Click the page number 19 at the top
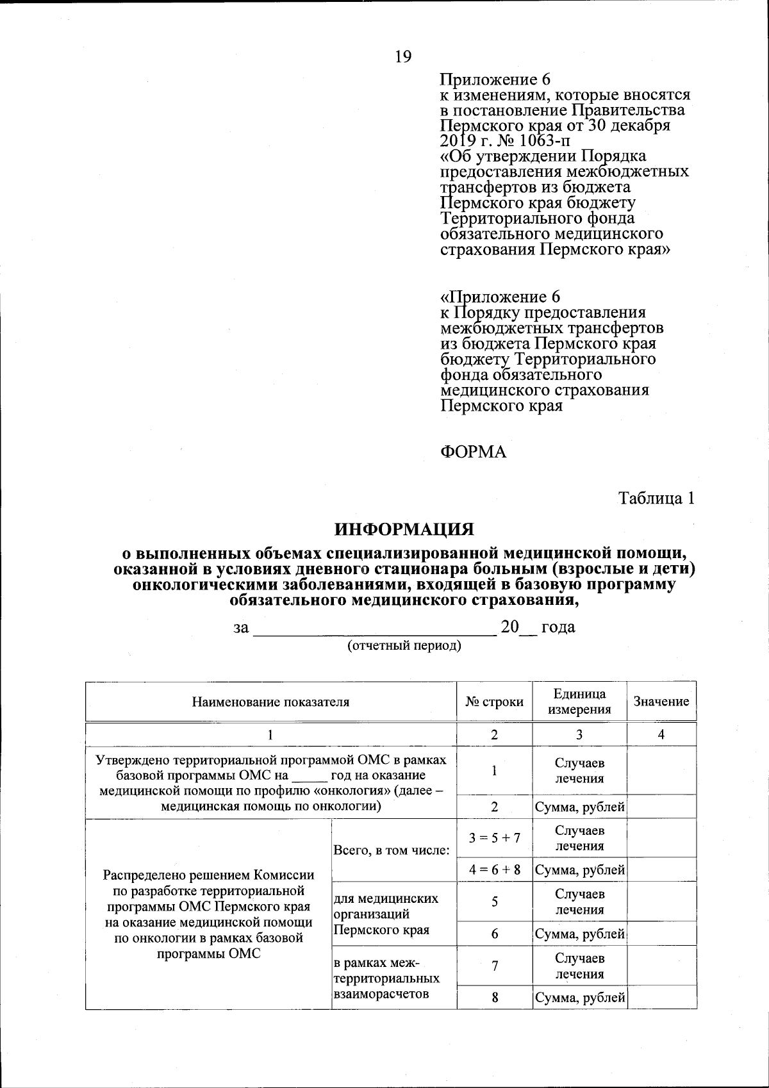click(403, 57)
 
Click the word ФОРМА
click(473, 452)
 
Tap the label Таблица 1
click(656, 499)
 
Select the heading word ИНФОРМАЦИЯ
click(404, 529)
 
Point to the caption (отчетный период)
click(404, 645)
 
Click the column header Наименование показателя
click(270, 702)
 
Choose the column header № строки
click(494, 702)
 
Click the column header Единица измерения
click(579, 702)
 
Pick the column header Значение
click(661, 702)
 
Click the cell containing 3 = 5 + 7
click(494, 837)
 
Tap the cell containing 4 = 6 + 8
click(494, 870)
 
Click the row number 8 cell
click(494, 998)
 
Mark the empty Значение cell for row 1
click(661, 770)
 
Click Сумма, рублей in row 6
click(579, 934)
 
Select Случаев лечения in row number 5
click(579, 902)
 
